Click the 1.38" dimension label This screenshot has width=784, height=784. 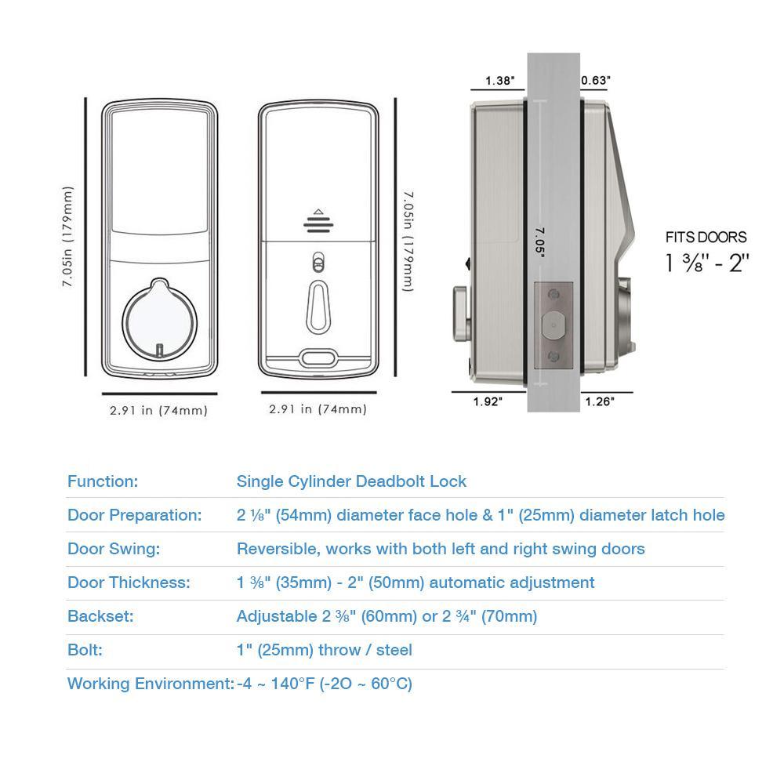499,81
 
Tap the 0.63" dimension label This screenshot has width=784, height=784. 596,81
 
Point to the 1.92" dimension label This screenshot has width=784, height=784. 488,401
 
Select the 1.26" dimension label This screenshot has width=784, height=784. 600,401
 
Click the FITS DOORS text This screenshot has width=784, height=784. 706,237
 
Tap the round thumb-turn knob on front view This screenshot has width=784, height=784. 159,320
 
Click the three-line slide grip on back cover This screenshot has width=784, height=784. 318,224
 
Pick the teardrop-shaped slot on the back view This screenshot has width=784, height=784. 318,307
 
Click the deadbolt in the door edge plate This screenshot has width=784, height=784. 553,325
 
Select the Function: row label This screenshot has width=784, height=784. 103,481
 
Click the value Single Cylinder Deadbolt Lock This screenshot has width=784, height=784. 351,481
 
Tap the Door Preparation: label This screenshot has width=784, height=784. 135,515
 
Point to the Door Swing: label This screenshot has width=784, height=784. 114,549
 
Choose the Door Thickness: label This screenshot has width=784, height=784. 129,583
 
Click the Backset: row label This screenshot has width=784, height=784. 100,616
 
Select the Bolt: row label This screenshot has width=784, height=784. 85,650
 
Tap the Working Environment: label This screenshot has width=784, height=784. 151,684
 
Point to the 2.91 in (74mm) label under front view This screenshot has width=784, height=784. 158,411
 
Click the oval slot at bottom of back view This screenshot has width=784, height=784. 318,358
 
